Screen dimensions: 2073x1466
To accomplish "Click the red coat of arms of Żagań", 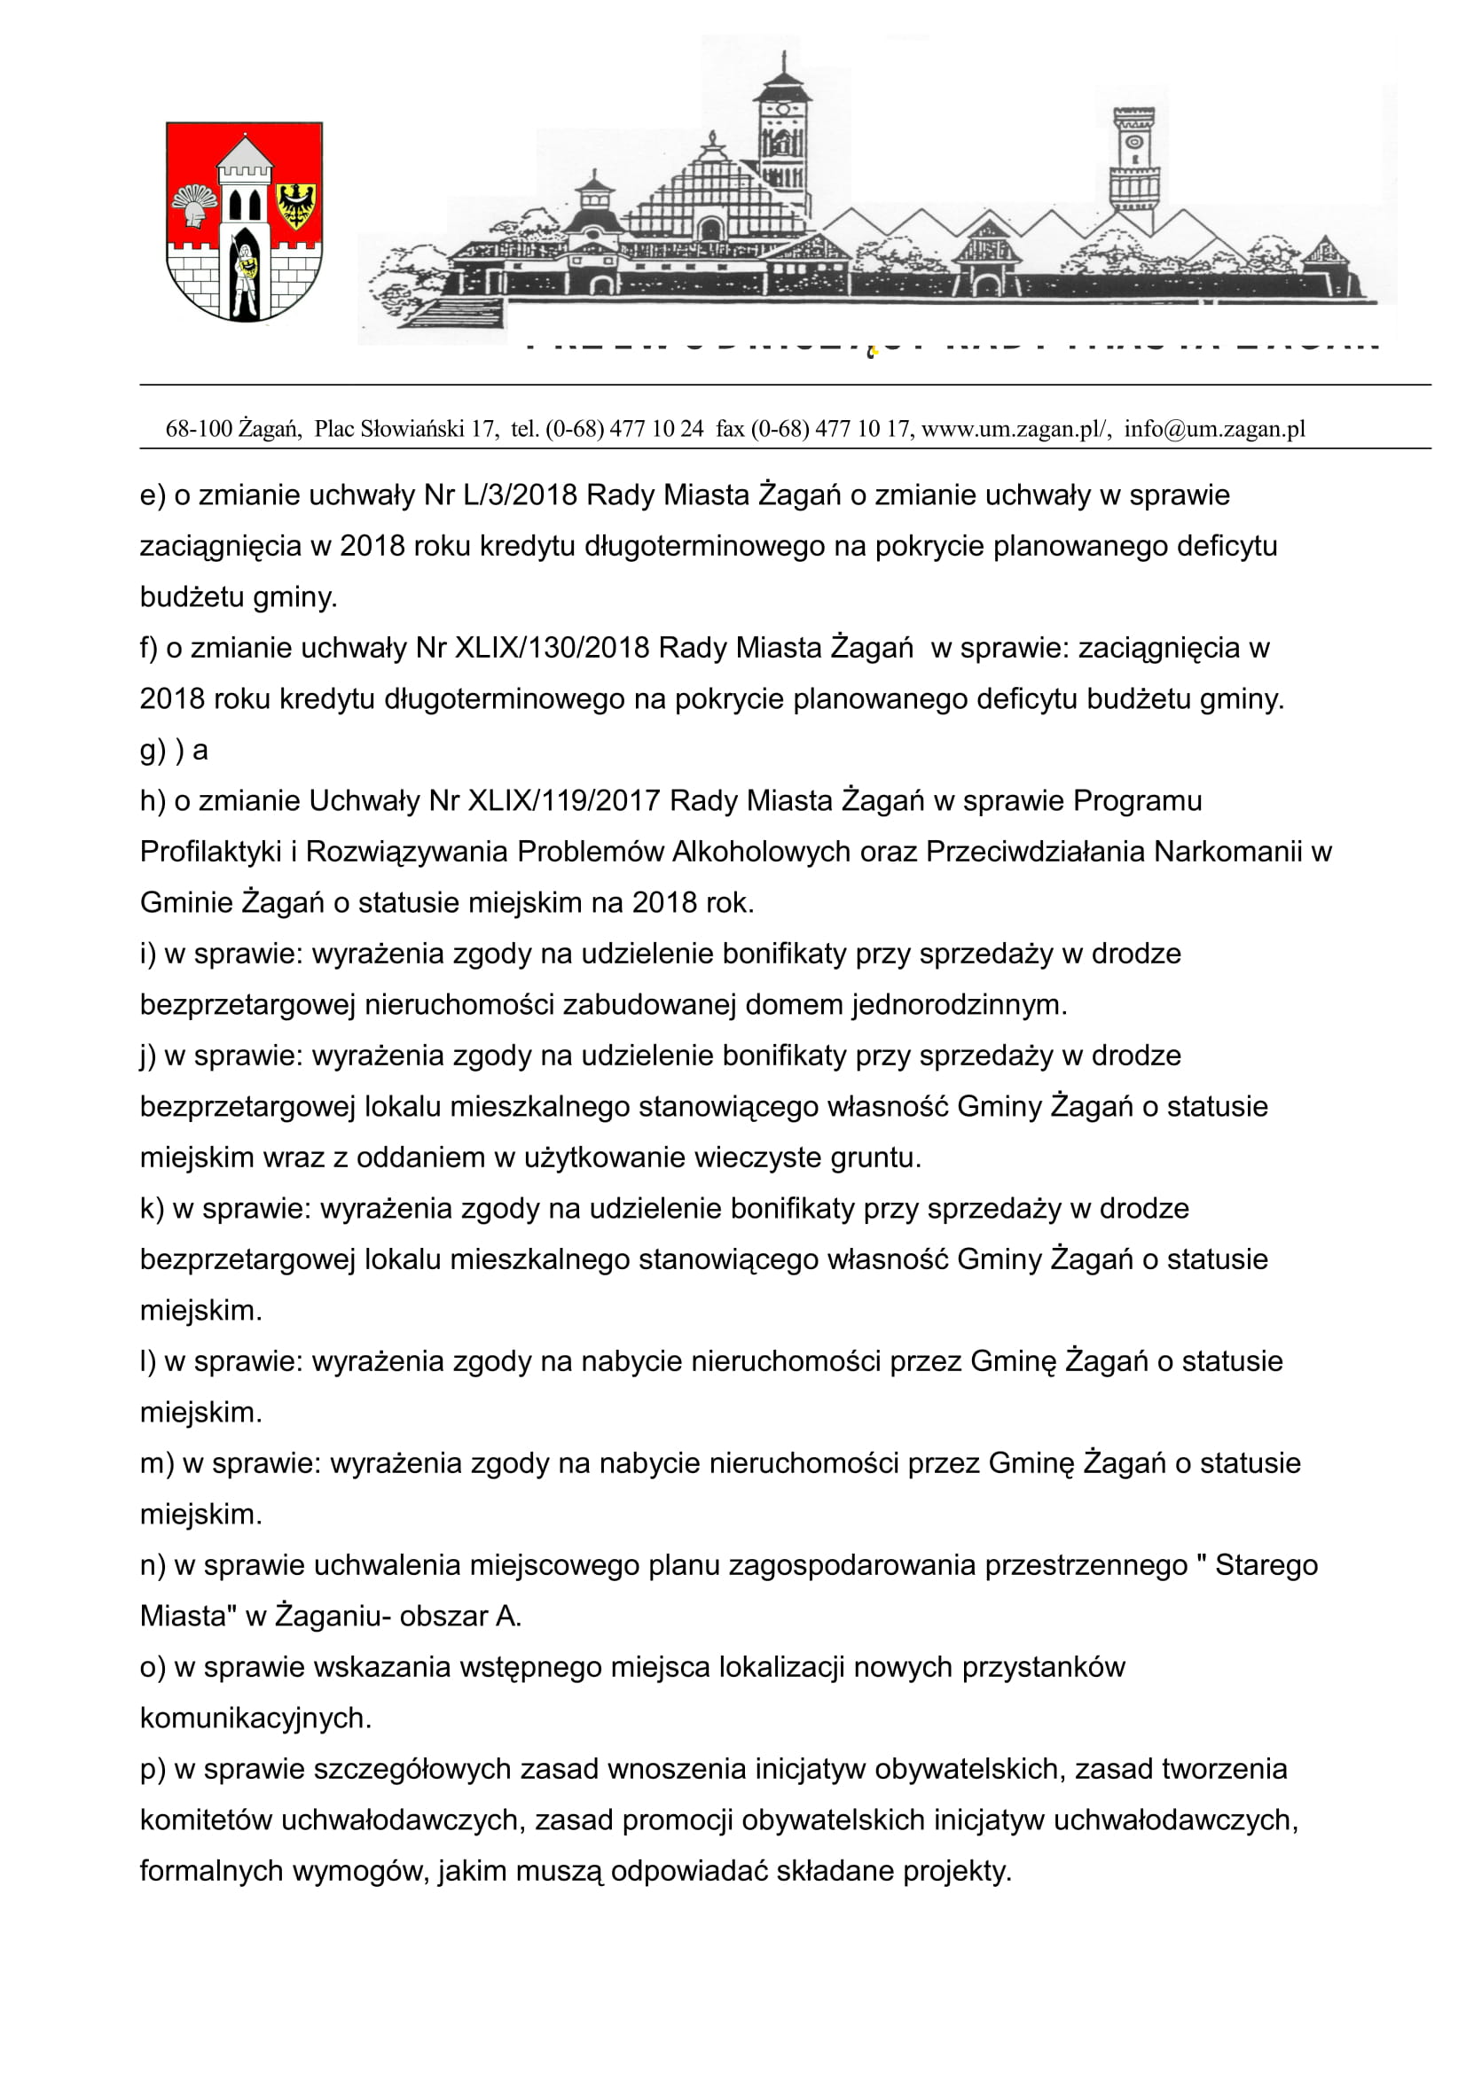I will [x=244, y=222].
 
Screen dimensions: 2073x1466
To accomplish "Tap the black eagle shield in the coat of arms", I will [x=295, y=205].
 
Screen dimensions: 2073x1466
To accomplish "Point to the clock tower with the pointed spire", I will [x=782, y=136].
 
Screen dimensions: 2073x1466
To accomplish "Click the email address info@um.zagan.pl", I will [x=1215, y=429].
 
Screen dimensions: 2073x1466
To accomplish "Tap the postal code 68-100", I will [x=199, y=429].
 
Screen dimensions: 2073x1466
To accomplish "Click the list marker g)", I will [x=153, y=751].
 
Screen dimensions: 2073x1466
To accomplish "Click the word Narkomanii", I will [x=1228, y=852].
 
